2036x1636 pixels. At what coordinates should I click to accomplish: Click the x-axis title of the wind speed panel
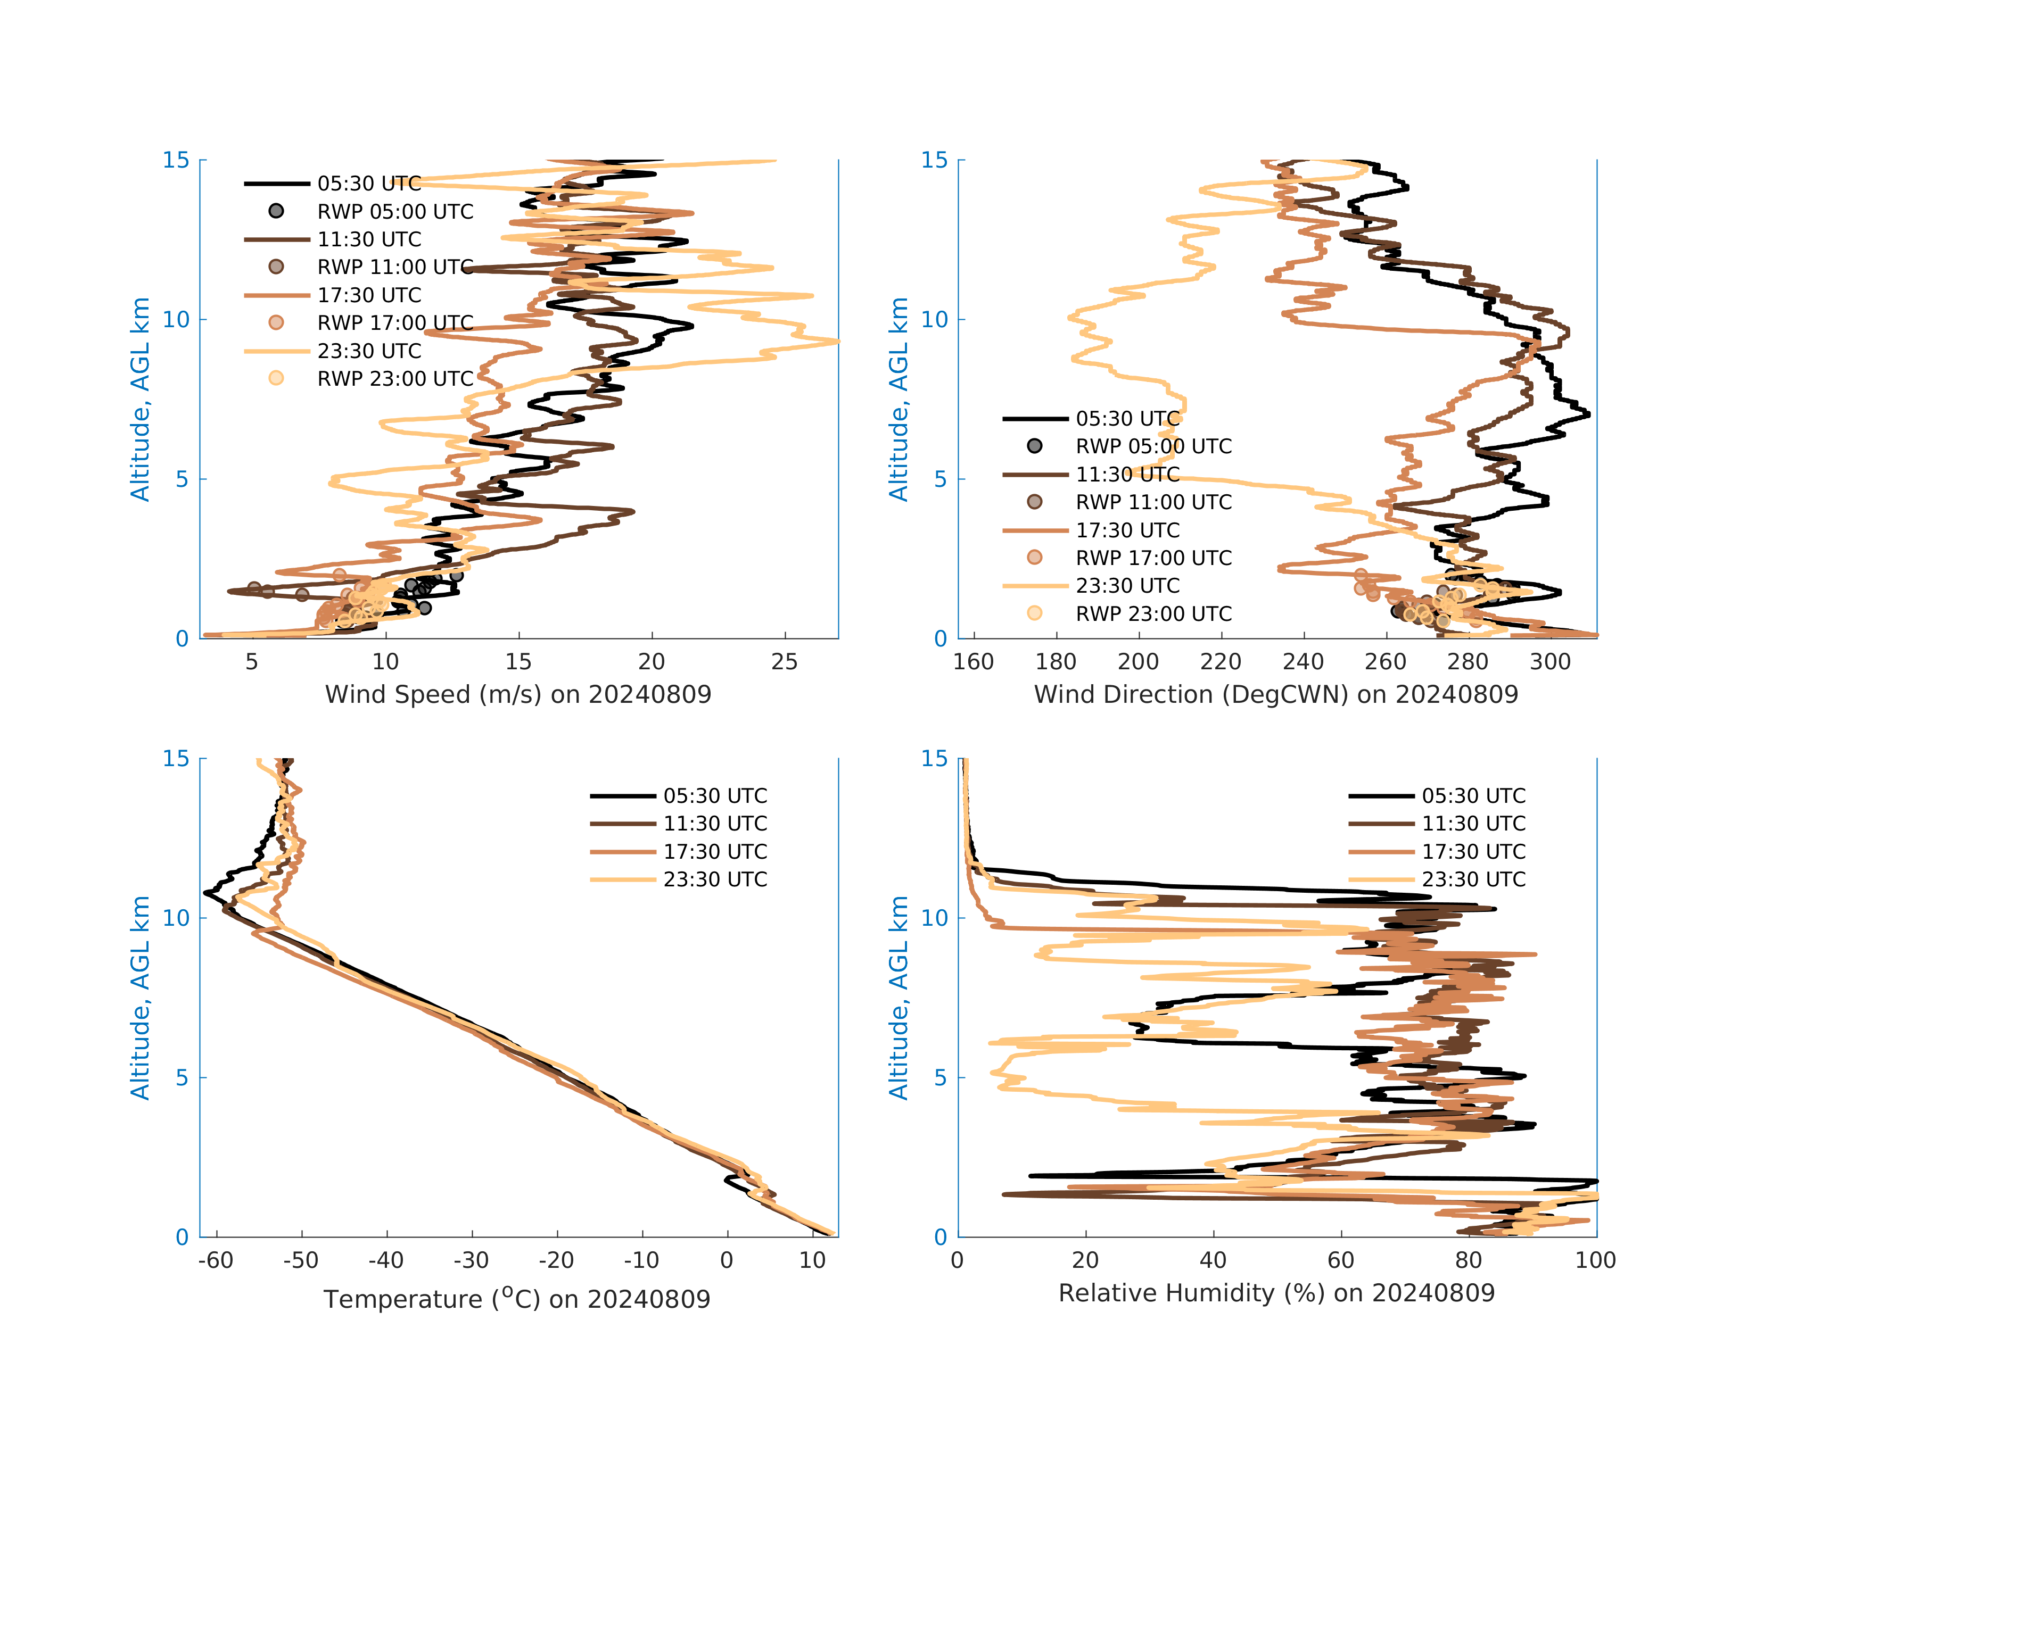[x=517, y=695]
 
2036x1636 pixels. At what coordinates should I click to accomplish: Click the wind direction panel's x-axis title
[x=1276, y=695]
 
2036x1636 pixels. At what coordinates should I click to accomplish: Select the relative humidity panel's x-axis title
[x=1276, y=1293]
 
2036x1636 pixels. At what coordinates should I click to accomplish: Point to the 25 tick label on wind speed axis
[x=784, y=662]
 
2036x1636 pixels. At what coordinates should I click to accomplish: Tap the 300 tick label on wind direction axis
[x=1549, y=662]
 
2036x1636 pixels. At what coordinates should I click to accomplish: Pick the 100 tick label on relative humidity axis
[x=1595, y=1260]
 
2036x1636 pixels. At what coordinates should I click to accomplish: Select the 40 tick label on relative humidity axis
[x=1213, y=1260]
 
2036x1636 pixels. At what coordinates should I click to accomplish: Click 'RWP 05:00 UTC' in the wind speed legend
[x=395, y=211]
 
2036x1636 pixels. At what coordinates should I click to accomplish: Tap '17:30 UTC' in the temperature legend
[x=715, y=851]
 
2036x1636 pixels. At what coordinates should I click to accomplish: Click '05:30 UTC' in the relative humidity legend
[x=1473, y=796]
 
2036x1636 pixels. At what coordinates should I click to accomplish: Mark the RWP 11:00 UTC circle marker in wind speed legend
[x=276, y=267]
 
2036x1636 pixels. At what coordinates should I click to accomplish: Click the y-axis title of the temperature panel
[x=140, y=998]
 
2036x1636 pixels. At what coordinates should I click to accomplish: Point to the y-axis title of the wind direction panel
[x=898, y=400]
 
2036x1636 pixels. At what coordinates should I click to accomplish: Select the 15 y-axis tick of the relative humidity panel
[x=934, y=759]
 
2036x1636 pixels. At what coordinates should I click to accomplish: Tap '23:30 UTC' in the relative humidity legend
[x=1473, y=880]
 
